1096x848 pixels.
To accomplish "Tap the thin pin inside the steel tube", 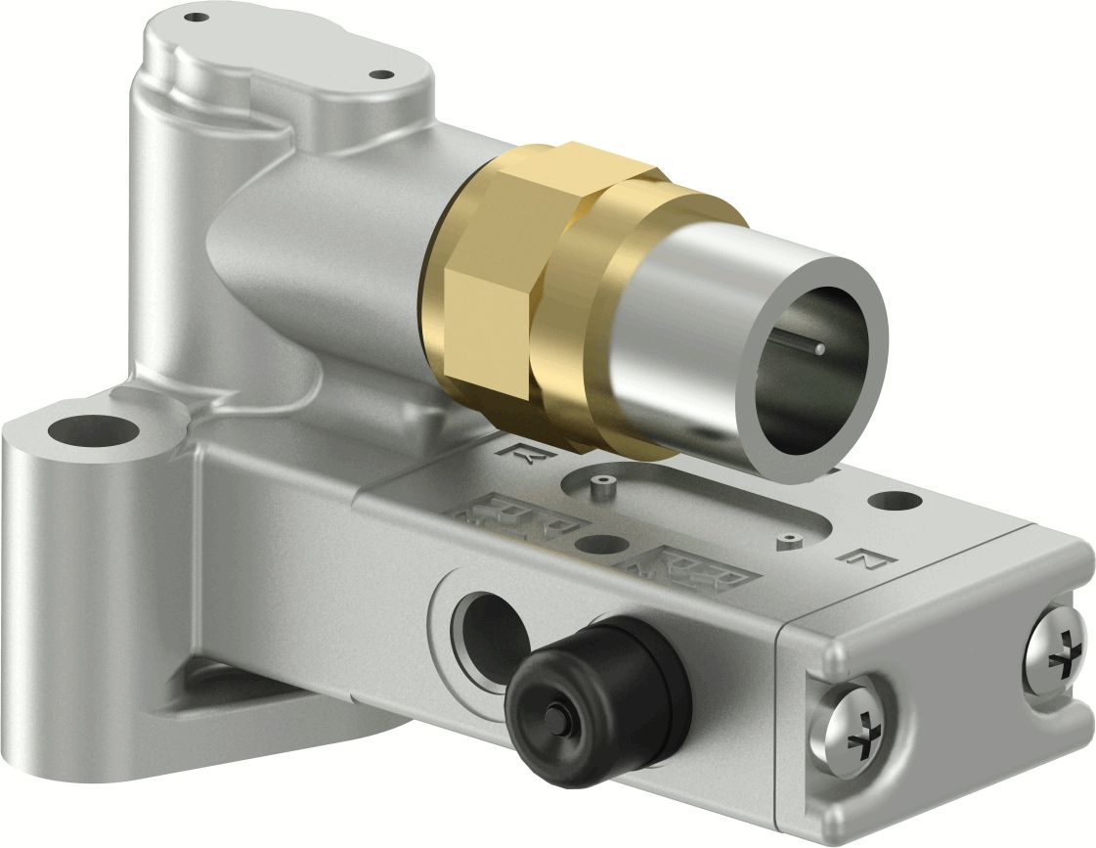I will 819,348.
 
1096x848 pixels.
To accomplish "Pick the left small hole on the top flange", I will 197,17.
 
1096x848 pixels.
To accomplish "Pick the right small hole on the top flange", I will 380,73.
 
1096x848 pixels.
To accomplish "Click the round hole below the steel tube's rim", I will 891,501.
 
